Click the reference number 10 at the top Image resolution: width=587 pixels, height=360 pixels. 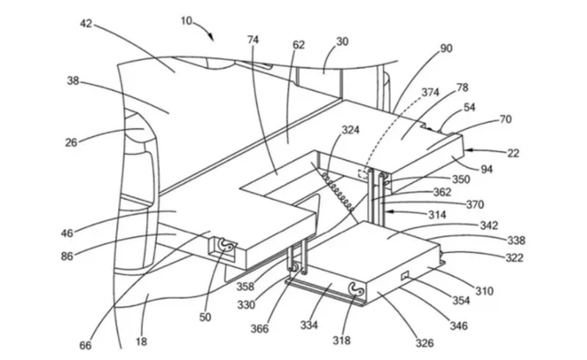tap(186, 21)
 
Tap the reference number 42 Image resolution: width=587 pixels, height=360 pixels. tap(86, 23)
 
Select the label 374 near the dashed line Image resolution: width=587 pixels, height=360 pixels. tap(430, 92)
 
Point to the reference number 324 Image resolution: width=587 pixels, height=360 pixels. tap(351, 130)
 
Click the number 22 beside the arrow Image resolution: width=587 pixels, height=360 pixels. tap(513, 153)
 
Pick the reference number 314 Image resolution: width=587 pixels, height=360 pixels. tap(437, 214)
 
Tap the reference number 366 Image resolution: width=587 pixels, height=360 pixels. tap(260, 328)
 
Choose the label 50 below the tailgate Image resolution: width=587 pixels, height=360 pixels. tap(205, 317)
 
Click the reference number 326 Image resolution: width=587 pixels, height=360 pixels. tap(424, 343)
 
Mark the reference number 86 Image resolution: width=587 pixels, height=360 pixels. tap(67, 256)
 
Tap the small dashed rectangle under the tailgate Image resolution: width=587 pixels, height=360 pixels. tap(362, 174)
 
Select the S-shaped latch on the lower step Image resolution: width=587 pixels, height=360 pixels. tap(355, 289)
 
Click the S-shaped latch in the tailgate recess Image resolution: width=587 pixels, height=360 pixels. tap(226, 245)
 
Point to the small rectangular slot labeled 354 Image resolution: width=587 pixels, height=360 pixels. tap(405, 276)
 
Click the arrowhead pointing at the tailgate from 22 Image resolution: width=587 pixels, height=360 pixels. tap(468, 150)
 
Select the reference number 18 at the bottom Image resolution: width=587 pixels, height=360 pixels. tap(141, 341)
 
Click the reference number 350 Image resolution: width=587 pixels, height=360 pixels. tap(461, 179)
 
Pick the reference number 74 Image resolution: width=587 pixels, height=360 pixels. tap(252, 40)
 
